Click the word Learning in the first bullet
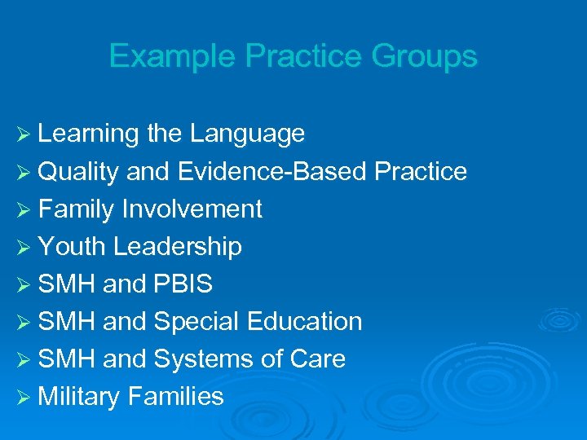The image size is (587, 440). coord(90,134)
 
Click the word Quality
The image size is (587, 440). coord(78,172)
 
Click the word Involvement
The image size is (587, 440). coord(192,209)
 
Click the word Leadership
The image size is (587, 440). coord(178,247)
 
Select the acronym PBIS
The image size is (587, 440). coord(183,284)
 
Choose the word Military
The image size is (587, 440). coord(79,397)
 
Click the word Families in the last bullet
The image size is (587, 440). coord(175,397)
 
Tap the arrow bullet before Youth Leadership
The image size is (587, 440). coord(24,247)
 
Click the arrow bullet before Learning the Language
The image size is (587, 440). coord(24,134)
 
